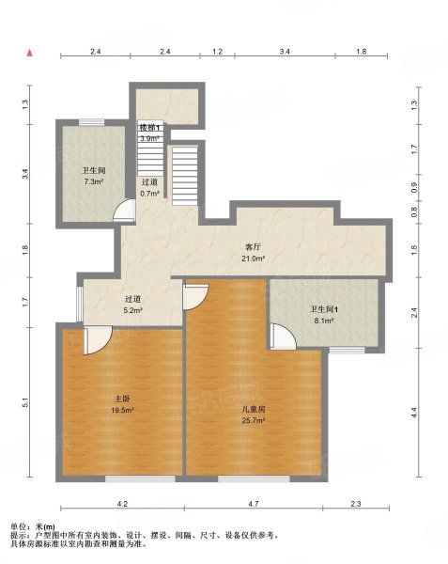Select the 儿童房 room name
pyautogui.click(x=254, y=410)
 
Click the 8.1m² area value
pyautogui.click(x=323, y=320)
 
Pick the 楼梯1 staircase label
pyautogui.click(x=151, y=126)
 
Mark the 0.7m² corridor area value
pyautogui.click(x=149, y=193)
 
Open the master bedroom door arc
pyautogui.click(x=97, y=341)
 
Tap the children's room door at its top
pyautogui.click(x=194, y=296)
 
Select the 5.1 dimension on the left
pyautogui.click(x=26, y=402)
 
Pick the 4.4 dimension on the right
pyautogui.click(x=414, y=410)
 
